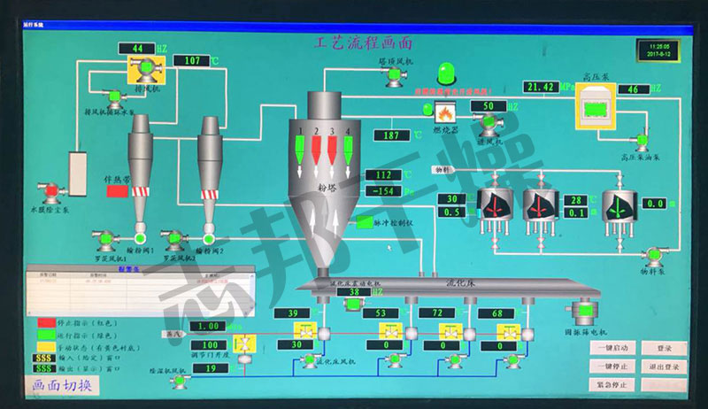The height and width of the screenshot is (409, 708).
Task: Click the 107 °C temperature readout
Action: [192, 60]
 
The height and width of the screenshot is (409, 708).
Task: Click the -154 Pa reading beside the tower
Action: [383, 191]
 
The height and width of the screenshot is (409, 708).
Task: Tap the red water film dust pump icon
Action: [50, 190]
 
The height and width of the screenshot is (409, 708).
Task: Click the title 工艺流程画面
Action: [364, 42]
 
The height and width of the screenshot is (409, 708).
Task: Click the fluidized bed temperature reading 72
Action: [436, 313]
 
